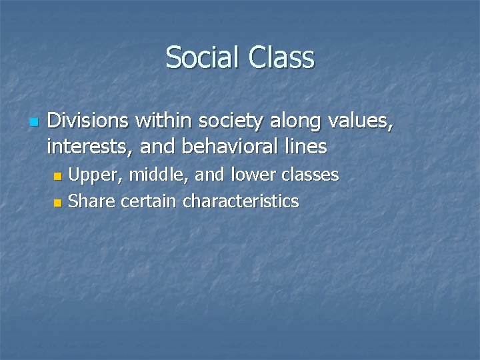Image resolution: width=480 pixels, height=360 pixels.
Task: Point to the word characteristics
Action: click(240, 200)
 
